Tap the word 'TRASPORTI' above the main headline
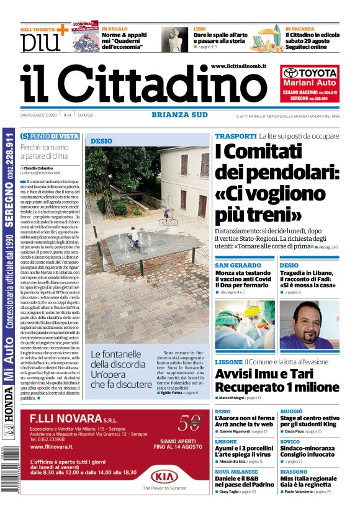(x=235, y=136)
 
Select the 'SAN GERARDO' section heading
(x=238, y=265)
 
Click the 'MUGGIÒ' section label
(x=291, y=411)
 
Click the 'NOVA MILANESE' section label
(x=236, y=472)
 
